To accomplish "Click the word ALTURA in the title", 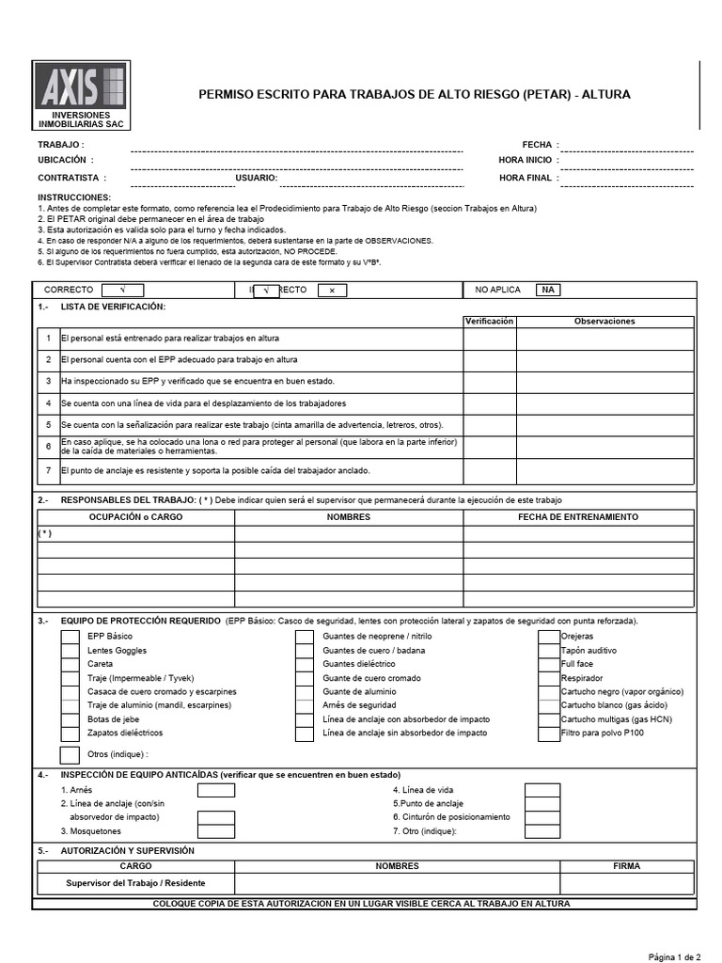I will tap(607, 95).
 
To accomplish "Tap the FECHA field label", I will tap(537, 145).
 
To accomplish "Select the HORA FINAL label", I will tap(526, 177).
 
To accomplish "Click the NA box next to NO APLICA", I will tap(546, 291).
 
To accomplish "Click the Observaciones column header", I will tap(604, 322).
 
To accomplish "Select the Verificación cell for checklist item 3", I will tap(489, 381).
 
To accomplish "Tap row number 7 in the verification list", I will tap(48, 470).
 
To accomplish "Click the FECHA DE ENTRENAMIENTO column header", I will tap(578, 517).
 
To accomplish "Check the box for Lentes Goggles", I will tap(71, 651).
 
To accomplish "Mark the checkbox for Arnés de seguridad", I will tap(305, 704).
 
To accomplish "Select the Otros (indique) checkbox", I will tap(71, 754).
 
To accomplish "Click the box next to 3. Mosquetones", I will tap(216, 830).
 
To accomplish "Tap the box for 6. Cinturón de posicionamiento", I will tap(542, 817).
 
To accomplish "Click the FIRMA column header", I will tap(626, 865).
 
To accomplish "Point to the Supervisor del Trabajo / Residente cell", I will tap(135, 883).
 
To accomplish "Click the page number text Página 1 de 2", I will tap(674, 956).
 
